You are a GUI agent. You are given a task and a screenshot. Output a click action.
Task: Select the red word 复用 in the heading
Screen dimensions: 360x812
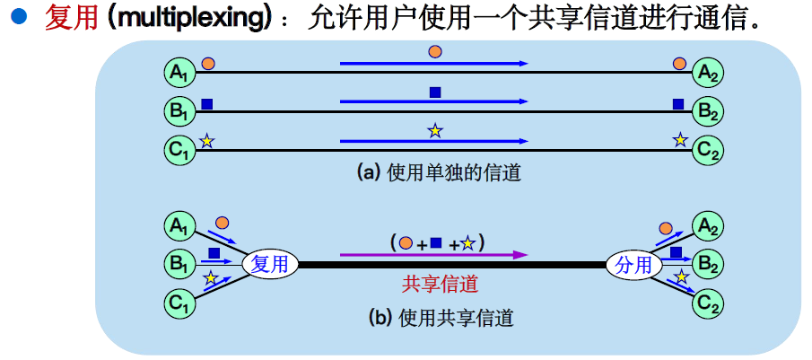70,19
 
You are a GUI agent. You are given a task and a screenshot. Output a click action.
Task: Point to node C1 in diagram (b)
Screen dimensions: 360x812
179,303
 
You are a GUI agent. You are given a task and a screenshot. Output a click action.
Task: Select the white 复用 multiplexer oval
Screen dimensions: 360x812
269,265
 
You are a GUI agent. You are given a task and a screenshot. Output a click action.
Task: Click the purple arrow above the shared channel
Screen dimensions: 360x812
432,255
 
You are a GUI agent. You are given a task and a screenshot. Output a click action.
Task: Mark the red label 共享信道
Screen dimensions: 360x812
440,285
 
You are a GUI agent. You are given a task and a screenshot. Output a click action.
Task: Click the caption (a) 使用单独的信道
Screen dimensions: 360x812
439,173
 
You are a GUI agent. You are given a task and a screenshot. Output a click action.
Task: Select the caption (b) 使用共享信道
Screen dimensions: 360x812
440,317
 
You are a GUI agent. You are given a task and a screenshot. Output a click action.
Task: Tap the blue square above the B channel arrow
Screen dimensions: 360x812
435,92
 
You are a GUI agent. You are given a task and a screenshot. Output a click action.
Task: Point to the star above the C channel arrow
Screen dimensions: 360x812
435,131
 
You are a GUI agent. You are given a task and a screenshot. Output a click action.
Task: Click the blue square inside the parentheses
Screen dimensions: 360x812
436,241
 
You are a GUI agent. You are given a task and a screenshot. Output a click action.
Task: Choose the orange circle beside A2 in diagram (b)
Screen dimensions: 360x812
666,228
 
